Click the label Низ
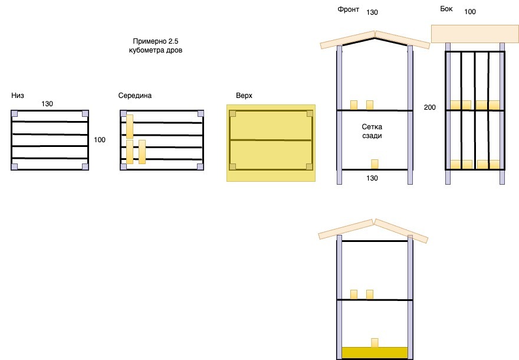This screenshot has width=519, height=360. (x=18, y=95)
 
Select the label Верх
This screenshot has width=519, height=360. (x=244, y=95)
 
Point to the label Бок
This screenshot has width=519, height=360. (x=446, y=9)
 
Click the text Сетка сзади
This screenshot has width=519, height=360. (x=372, y=132)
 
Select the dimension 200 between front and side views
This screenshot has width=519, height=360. (x=430, y=107)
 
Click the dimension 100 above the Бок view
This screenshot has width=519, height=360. (x=470, y=12)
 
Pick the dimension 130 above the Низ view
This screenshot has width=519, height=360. (x=47, y=104)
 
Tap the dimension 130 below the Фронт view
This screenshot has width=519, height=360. (x=372, y=178)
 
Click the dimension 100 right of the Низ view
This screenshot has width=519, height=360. (x=100, y=140)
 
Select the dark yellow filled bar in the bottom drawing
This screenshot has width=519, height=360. (x=375, y=352)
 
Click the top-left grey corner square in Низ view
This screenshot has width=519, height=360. (x=15, y=114)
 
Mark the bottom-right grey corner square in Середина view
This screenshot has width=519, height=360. (x=201, y=167)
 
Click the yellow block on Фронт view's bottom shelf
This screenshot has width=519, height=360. (x=374, y=164)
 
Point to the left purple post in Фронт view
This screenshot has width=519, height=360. (x=339, y=115)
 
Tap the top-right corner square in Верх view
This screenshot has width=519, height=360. (x=308, y=114)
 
